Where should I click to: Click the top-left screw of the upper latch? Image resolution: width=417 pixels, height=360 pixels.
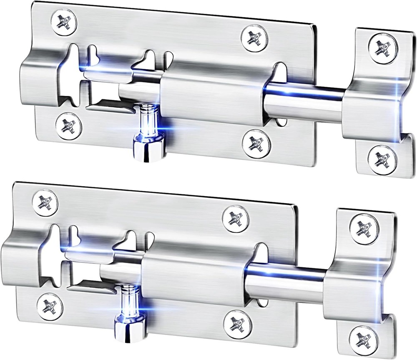(64, 20)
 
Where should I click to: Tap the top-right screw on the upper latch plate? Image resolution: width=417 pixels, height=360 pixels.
(254, 38)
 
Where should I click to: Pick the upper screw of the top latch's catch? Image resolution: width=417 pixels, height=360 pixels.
(382, 48)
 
